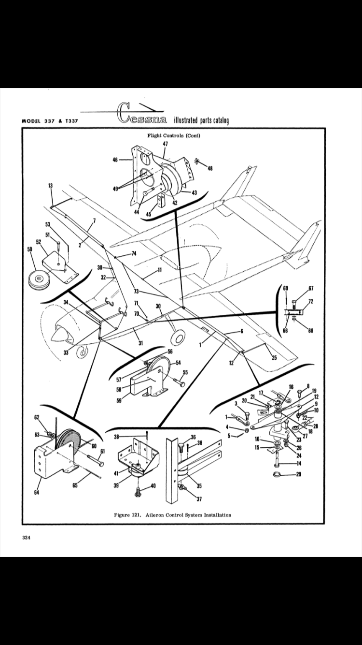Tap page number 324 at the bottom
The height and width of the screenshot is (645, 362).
(x=26, y=538)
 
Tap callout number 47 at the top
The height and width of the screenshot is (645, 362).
(x=166, y=144)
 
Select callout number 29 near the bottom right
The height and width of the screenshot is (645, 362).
(x=299, y=474)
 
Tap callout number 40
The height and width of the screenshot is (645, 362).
(x=153, y=486)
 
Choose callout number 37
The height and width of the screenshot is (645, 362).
(x=199, y=499)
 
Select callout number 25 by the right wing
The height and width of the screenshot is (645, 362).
(x=274, y=358)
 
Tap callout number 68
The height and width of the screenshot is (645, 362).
(x=311, y=331)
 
